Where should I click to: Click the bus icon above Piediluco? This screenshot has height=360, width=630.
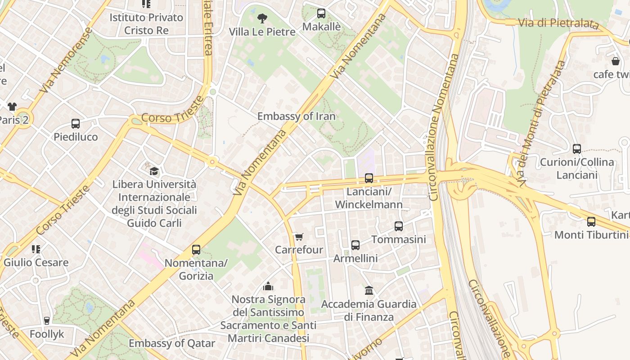(76, 124)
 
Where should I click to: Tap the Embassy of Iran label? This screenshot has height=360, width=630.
(296, 116)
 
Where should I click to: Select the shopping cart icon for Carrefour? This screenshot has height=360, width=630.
(298, 237)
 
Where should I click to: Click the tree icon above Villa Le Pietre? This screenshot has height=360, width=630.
(262, 18)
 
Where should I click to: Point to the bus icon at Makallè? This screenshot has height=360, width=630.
(321, 13)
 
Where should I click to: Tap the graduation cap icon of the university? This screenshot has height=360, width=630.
(154, 171)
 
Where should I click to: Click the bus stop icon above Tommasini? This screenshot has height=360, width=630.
(398, 226)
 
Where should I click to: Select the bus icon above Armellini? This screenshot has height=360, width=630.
(355, 245)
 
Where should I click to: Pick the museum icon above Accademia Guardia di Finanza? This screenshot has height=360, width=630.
(369, 291)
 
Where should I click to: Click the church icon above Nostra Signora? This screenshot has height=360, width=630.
(268, 286)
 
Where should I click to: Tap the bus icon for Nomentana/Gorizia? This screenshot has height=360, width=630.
(196, 250)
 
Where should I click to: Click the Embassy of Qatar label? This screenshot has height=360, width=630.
(172, 343)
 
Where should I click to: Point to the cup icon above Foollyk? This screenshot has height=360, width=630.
(46, 321)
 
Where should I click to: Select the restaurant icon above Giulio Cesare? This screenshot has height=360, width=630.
(36, 249)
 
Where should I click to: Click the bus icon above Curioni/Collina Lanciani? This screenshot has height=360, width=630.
(576, 149)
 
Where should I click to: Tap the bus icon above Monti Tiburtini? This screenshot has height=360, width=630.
(591, 222)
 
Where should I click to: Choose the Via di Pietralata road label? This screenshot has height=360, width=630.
(558, 23)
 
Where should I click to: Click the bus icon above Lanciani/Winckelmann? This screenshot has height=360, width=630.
(369, 178)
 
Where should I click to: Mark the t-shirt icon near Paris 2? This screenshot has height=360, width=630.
(12, 107)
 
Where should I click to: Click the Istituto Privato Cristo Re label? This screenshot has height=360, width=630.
(146, 24)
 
